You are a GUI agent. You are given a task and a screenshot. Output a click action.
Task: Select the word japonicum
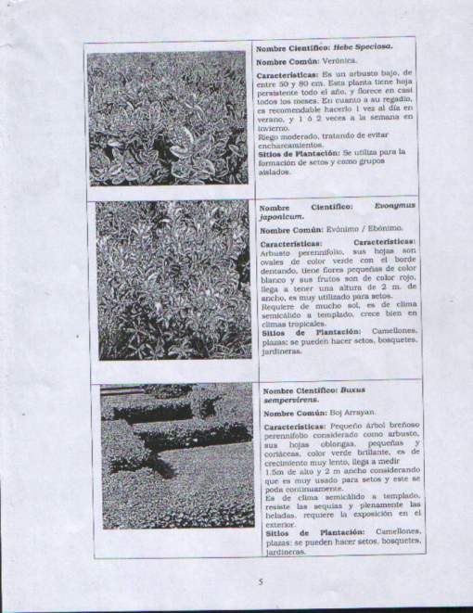(x=283, y=217)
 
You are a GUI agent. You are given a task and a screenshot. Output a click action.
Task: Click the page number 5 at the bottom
(x=262, y=582)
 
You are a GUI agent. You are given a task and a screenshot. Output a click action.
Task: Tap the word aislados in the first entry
(x=274, y=172)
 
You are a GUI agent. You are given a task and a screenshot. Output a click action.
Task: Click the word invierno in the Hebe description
(x=274, y=128)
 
